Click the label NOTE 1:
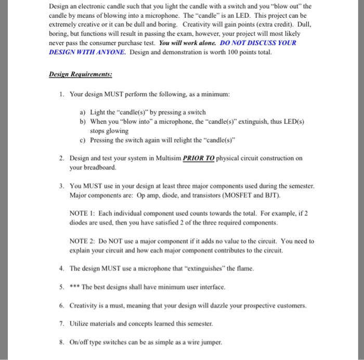pos(83,213)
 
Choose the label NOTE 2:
pos(83,241)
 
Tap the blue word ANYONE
pos(108,53)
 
